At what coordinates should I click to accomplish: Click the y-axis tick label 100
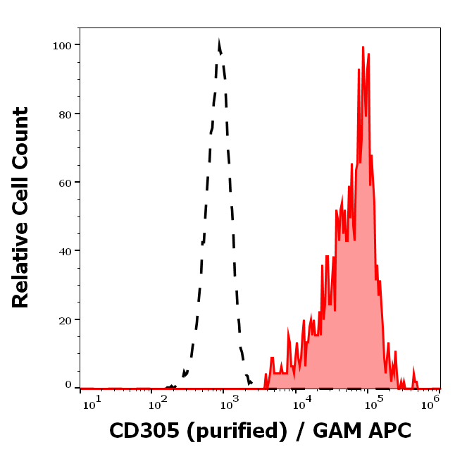point(62,45)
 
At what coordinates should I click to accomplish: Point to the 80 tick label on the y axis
point(65,114)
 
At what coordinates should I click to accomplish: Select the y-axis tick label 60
point(65,182)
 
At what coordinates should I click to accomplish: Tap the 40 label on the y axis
point(65,250)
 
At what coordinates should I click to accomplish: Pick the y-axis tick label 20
point(65,319)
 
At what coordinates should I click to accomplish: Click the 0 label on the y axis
point(68,385)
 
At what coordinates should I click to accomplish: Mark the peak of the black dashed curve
point(219,44)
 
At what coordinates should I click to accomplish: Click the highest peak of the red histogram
point(363,48)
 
